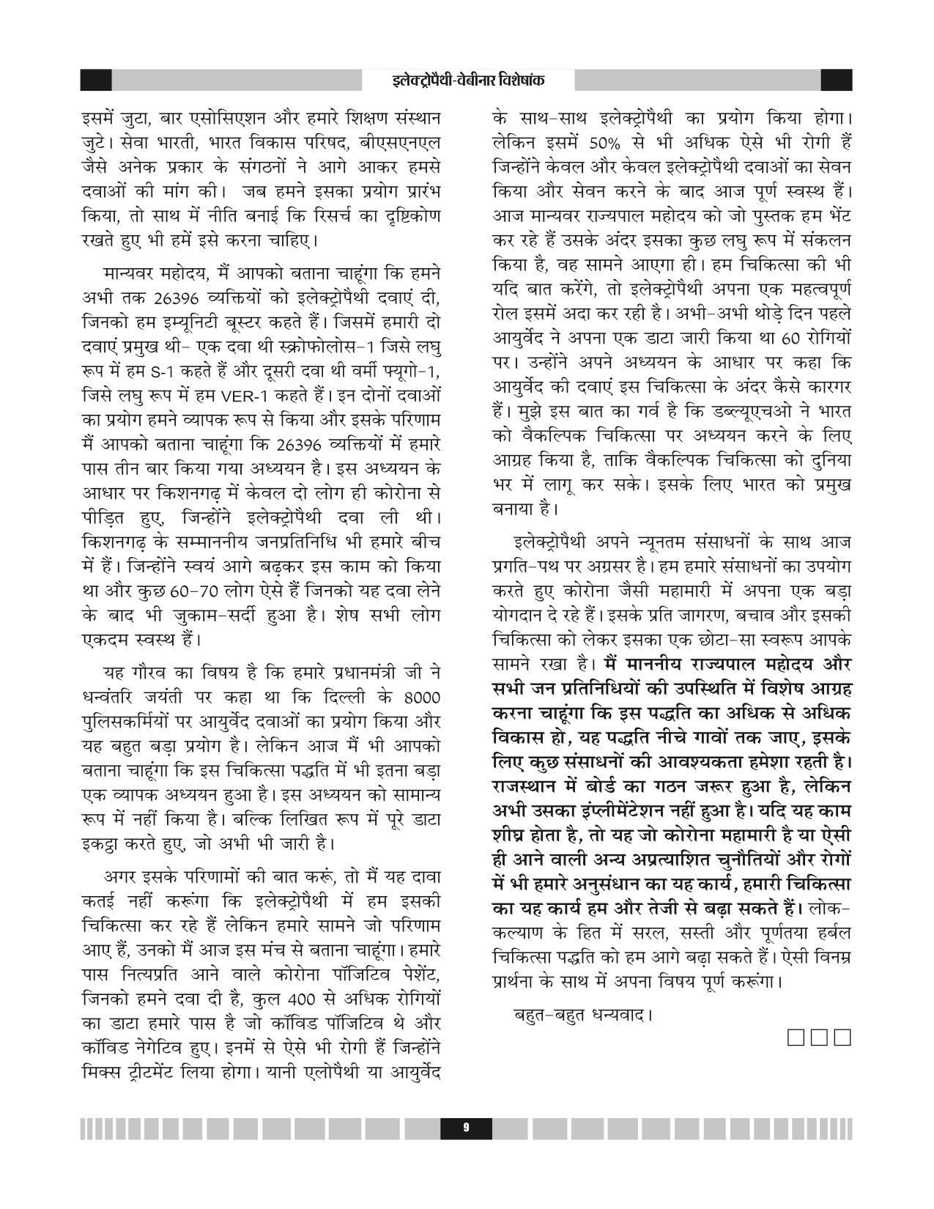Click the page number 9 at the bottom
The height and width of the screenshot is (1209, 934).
pos(466,1128)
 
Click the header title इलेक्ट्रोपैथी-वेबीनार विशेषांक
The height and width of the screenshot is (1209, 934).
pos(467,80)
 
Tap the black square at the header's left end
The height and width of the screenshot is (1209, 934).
pos(96,80)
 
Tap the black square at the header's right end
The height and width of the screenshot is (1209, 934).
pos(837,80)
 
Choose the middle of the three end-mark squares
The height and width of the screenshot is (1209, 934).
pos(821,1038)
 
